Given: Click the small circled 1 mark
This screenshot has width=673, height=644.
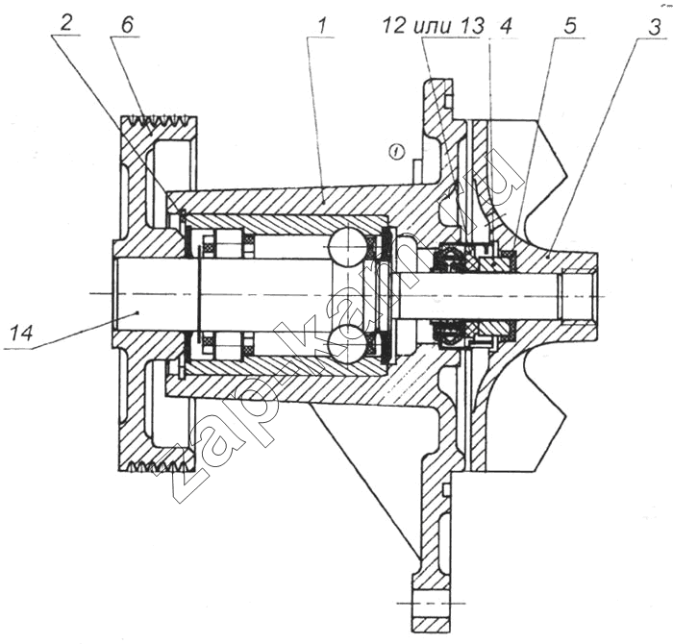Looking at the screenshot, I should click(395, 150).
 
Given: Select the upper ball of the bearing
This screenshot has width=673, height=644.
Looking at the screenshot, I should click(344, 246).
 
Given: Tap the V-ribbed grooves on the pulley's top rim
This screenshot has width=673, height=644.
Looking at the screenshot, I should click(159, 122).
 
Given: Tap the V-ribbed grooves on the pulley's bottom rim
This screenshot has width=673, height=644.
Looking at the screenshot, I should click(159, 466).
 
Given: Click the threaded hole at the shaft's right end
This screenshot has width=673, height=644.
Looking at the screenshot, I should click(577, 292).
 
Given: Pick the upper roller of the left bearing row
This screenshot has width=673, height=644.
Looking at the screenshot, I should click(228, 244).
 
